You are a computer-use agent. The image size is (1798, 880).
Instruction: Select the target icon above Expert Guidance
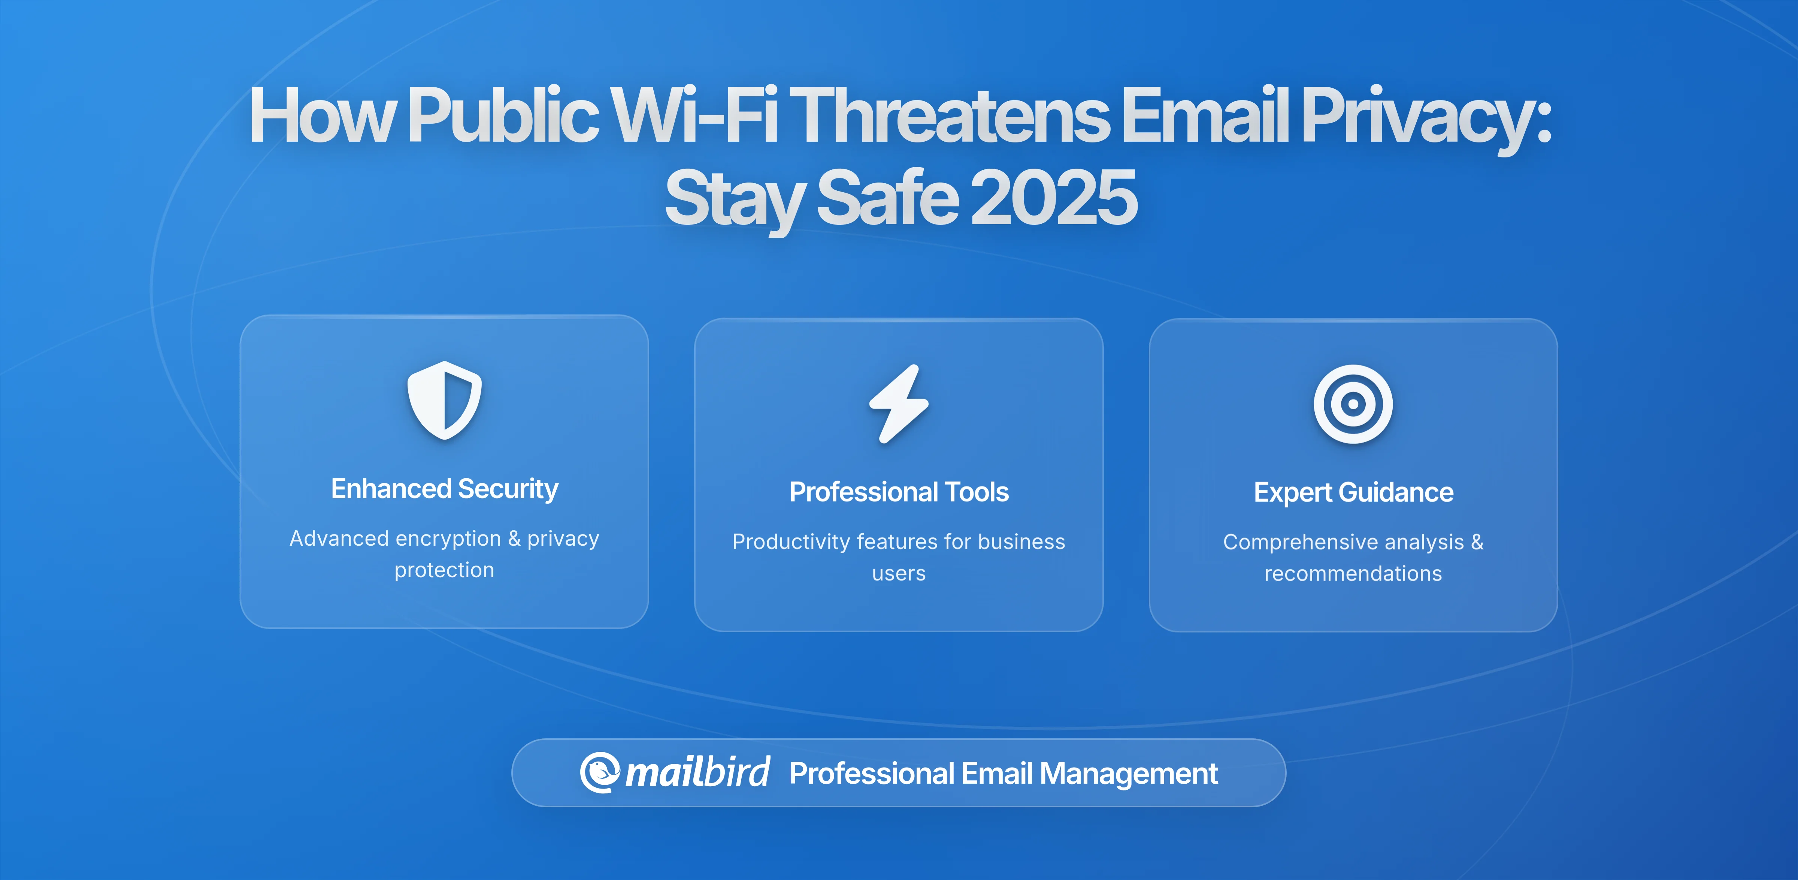(1353, 404)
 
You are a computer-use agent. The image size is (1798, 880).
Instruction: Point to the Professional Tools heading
(899, 492)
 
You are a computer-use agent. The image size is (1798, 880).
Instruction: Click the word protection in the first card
(444, 570)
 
